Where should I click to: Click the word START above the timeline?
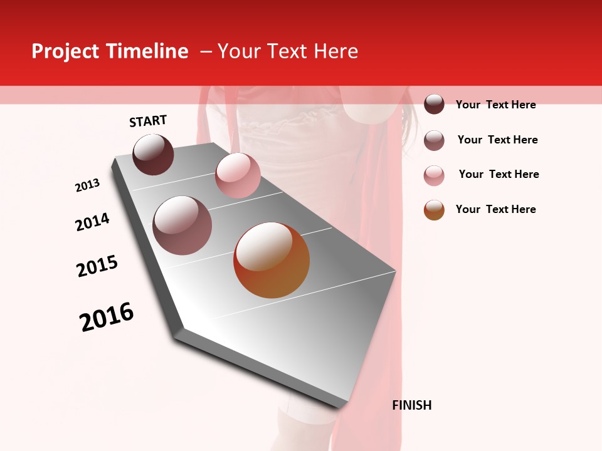(148, 121)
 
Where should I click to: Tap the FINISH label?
(411, 405)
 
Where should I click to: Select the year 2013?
(87, 185)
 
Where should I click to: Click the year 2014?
(92, 222)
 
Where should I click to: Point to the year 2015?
(97, 266)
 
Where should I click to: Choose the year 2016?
(107, 316)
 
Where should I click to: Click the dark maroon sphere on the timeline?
(153, 154)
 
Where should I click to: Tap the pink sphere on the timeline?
(238, 175)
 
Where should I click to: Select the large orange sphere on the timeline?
(272, 260)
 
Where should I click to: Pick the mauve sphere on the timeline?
(182, 225)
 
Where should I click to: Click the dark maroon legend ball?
(434, 104)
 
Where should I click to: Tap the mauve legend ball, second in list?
(434, 140)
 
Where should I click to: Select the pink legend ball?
(434, 175)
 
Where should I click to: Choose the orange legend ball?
(434, 210)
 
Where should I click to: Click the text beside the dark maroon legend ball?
(495, 105)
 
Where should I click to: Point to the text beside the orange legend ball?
(495, 209)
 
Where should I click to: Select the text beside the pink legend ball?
(499, 174)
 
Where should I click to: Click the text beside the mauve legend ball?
(497, 140)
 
